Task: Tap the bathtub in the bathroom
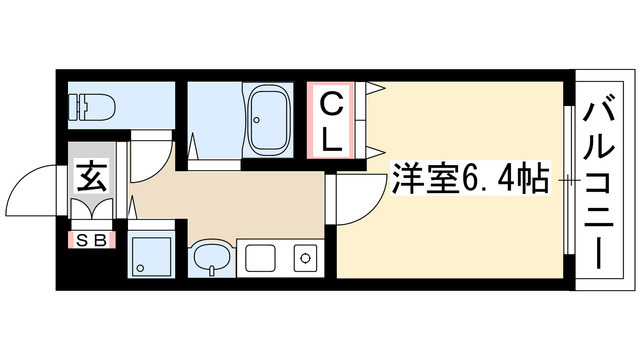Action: (267, 120)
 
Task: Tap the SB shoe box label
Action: (93, 240)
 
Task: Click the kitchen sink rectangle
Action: (259, 259)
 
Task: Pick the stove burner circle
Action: (303, 259)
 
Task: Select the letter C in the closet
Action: (333, 104)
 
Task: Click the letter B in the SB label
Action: (102, 240)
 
